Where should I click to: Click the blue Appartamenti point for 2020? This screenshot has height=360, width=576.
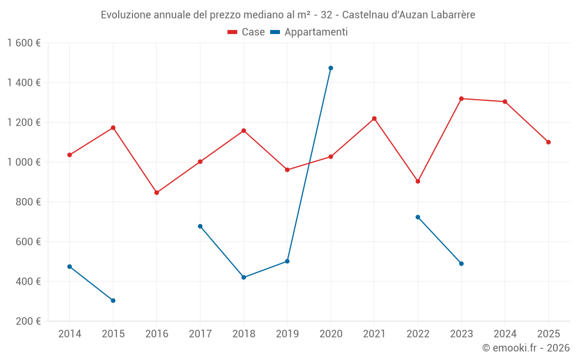pyautogui.click(x=331, y=68)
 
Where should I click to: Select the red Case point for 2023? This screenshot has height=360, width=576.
pyautogui.click(x=461, y=98)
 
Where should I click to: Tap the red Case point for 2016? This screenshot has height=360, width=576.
pyautogui.click(x=157, y=192)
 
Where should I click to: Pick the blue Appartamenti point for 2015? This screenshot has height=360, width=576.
pyautogui.click(x=113, y=301)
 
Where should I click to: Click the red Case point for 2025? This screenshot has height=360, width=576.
pyautogui.click(x=548, y=142)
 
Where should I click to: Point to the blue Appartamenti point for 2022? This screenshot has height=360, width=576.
pyautogui.click(x=418, y=217)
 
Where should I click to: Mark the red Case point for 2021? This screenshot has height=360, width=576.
pyautogui.click(x=374, y=119)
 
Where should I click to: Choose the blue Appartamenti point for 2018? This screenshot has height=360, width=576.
pyautogui.click(x=244, y=277)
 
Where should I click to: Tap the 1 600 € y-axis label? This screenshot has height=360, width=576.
pyautogui.click(x=24, y=43)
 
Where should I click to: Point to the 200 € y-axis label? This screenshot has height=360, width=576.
pyautogui.click(x=28, y=321)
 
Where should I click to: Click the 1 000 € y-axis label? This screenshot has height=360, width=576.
pyautogui.click(x=24, y=162)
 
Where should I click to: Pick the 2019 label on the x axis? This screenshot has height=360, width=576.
pyautogui.click(x=287, y=334)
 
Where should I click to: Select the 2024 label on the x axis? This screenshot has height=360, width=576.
pyautogui.click(x=505, y=334)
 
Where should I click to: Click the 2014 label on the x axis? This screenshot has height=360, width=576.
pyautogui.click(x=70, y=334)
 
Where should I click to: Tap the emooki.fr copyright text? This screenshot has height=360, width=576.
pyautogui.click(x=525, y=348)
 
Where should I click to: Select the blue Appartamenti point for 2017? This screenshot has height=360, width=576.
pyautogui.click(x=200, y=226)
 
